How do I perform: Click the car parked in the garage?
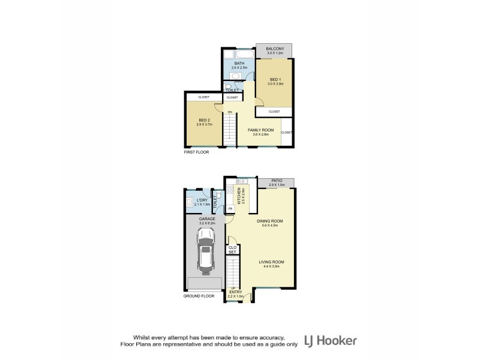point(206,251)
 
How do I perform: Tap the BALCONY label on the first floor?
point(274,48)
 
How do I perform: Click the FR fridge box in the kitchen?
point(230,208)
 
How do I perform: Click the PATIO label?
point(277,179)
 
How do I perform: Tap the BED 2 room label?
point(203,120)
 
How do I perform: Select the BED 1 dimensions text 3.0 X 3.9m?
point(274,84)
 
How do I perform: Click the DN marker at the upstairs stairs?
point(229,112)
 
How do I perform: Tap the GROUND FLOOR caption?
point(199,296)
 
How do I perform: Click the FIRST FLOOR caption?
point(196,152)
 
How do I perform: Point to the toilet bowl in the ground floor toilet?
point(219,196)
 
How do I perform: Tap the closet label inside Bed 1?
point(274,112)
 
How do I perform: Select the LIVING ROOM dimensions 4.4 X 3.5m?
point(271,267)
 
